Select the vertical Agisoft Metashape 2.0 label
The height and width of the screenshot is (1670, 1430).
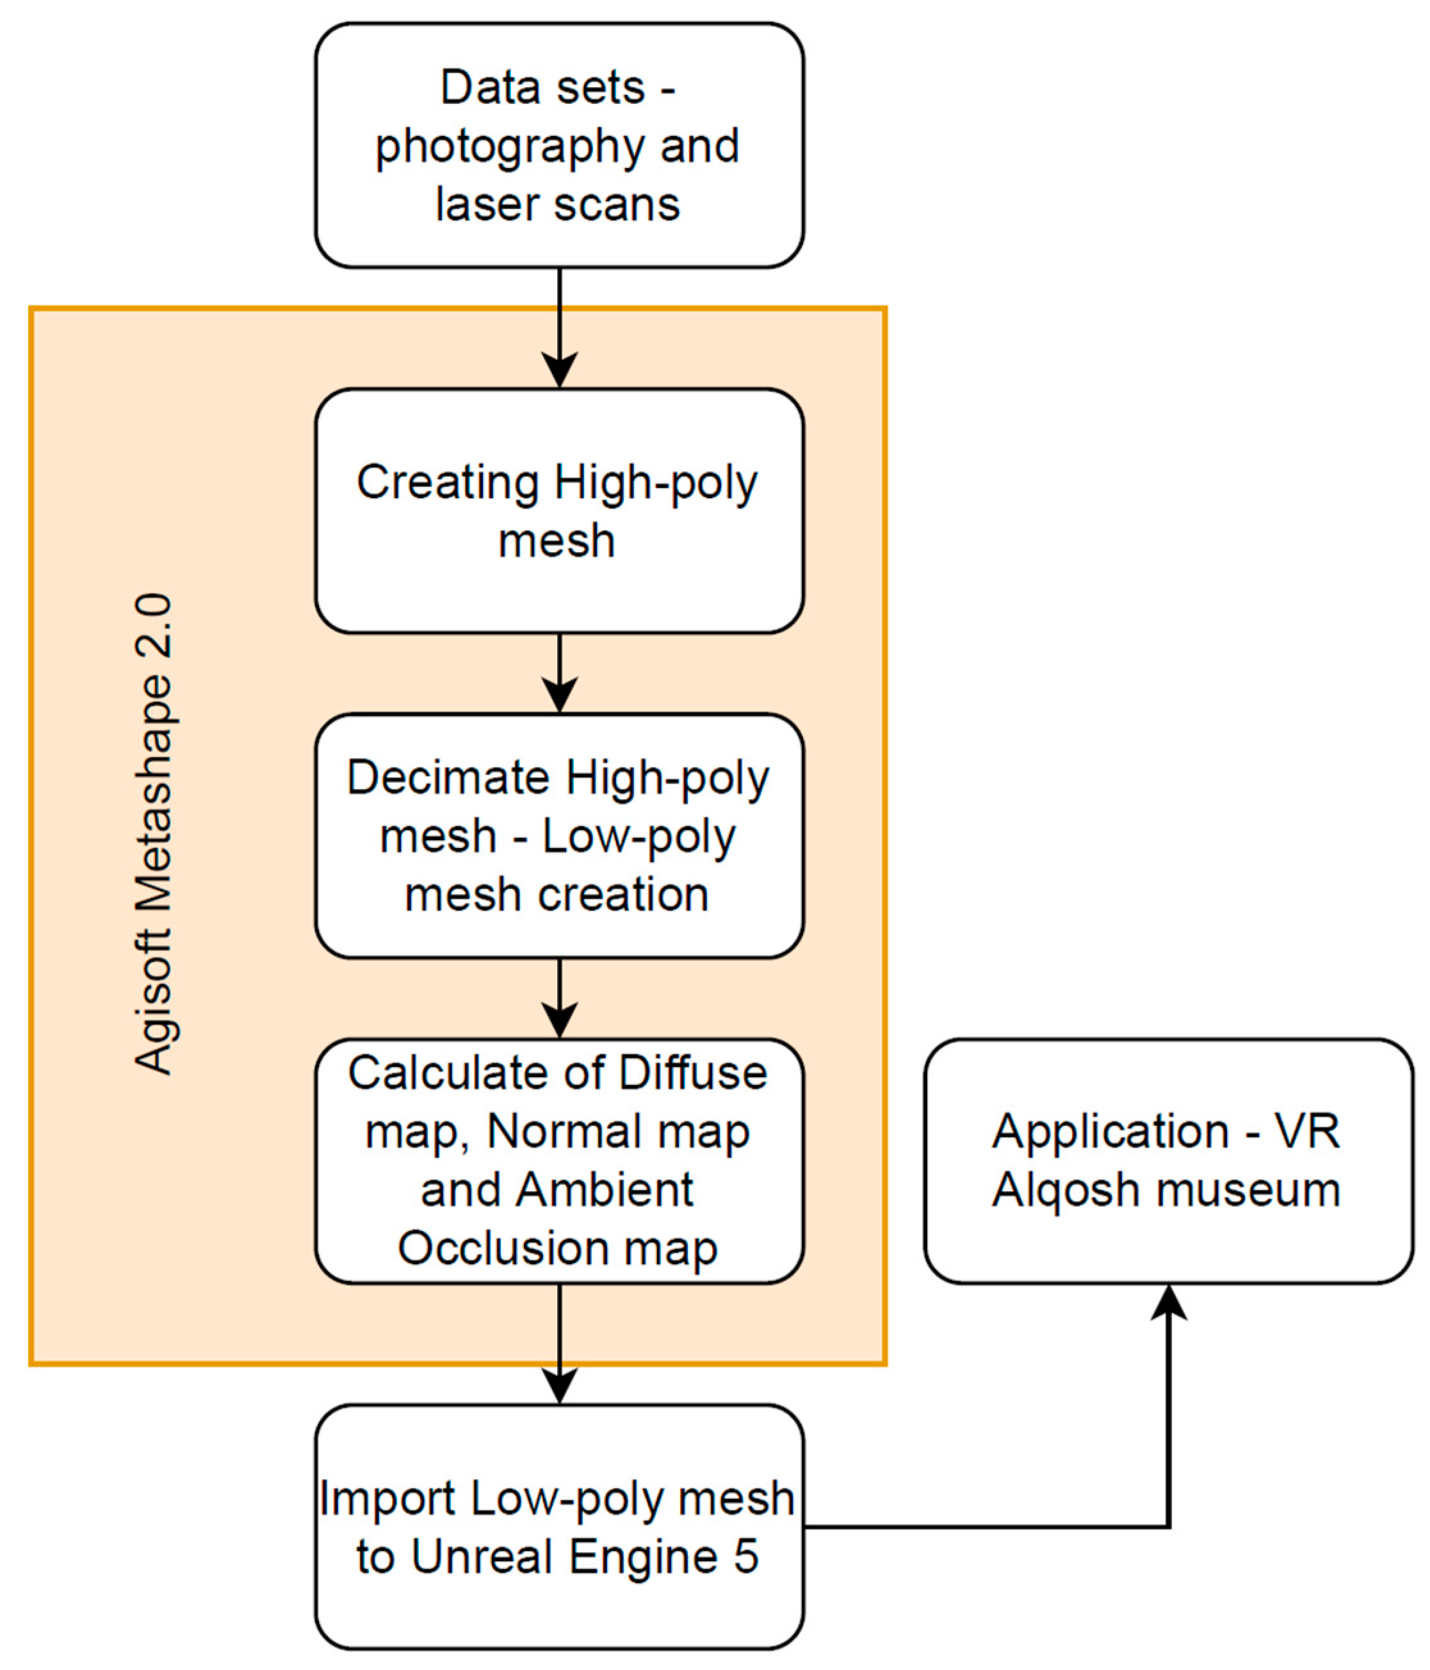(x=153, y=835)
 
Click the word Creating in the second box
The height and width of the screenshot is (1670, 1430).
(x=448, y=483)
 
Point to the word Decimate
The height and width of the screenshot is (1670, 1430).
(x=448, y=778)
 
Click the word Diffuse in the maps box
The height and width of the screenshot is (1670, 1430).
(x=694, y=1074)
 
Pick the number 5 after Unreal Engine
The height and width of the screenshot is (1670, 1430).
(x=745, y=1557)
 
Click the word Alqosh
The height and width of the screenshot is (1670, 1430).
(x=1052, y=1190)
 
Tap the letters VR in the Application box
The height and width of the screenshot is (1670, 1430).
(x=1308, y=1131)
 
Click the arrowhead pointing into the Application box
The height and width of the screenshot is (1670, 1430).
(x=1168, y=1303)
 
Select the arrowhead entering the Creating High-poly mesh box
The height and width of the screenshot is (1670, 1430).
(x=560, y=370)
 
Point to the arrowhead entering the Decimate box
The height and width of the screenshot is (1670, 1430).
(x=560, y=695)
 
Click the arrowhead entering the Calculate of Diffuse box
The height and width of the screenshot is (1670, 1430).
(x=560, y=1019)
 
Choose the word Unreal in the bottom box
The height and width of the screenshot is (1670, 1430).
(x=480, y=1557)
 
